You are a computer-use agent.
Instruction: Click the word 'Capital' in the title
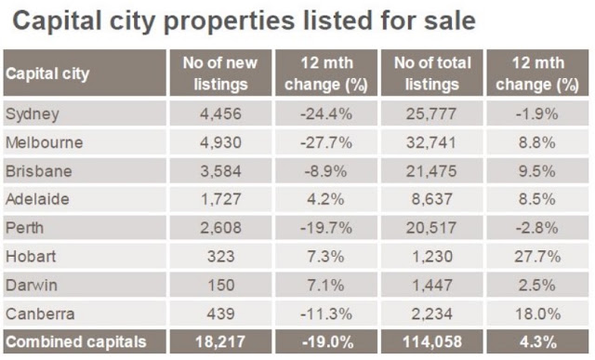58,20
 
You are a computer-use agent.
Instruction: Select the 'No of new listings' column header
220,73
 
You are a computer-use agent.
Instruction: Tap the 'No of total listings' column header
432,73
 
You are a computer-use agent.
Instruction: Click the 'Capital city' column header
47,74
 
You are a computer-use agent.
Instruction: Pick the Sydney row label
33,113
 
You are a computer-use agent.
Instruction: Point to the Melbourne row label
44,142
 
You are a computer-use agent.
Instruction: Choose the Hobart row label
31,257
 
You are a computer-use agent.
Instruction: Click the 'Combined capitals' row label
76,341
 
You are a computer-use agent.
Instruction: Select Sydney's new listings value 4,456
220,113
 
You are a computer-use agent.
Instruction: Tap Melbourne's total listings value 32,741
431,142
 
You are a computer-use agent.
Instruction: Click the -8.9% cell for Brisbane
326,171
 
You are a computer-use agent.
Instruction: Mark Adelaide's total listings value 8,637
431,199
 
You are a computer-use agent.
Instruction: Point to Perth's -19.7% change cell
326,228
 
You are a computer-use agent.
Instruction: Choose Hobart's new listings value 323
221,257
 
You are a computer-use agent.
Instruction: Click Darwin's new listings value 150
221,286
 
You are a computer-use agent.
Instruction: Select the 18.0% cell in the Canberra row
537,314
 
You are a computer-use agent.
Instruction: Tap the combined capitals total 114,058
432,341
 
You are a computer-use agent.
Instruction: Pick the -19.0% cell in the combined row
327,341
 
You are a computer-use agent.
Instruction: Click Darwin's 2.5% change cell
537,286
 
